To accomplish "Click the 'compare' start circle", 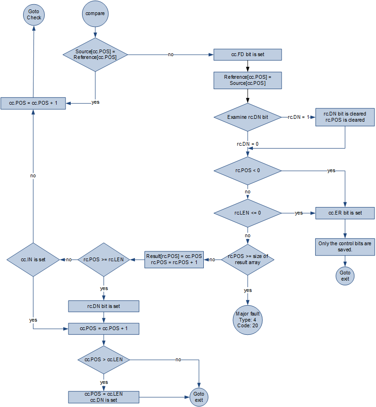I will [x=95, y=14].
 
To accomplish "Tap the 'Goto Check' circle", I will [x=34, y=15].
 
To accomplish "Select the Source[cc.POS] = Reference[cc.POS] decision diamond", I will [x=95, y=54].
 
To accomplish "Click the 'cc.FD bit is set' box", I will [x=247, y=55].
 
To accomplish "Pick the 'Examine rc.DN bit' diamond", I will [x=247, y=116].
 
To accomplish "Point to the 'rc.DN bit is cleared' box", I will [x=345, y=116].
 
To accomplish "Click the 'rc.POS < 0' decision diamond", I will [x=247, y=170].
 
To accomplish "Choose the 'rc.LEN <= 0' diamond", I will [x=247, y=213].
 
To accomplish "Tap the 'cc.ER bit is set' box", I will [x=345, y=213].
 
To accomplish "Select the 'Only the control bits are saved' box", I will [x=345, y=246].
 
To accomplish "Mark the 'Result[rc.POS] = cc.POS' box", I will [x=174, y=259].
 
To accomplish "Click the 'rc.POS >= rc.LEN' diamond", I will [x=103, y=259].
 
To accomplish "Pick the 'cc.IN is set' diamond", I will [x=33, y=259].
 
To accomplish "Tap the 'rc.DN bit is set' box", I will [x=103, y=306].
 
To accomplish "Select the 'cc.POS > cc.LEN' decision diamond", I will [x=103, y=359].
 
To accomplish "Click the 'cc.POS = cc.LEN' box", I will [x=103, y=396].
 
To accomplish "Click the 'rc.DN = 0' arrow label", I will [x=247, y=143].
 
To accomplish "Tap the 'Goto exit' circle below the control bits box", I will [x=345, y=275].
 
